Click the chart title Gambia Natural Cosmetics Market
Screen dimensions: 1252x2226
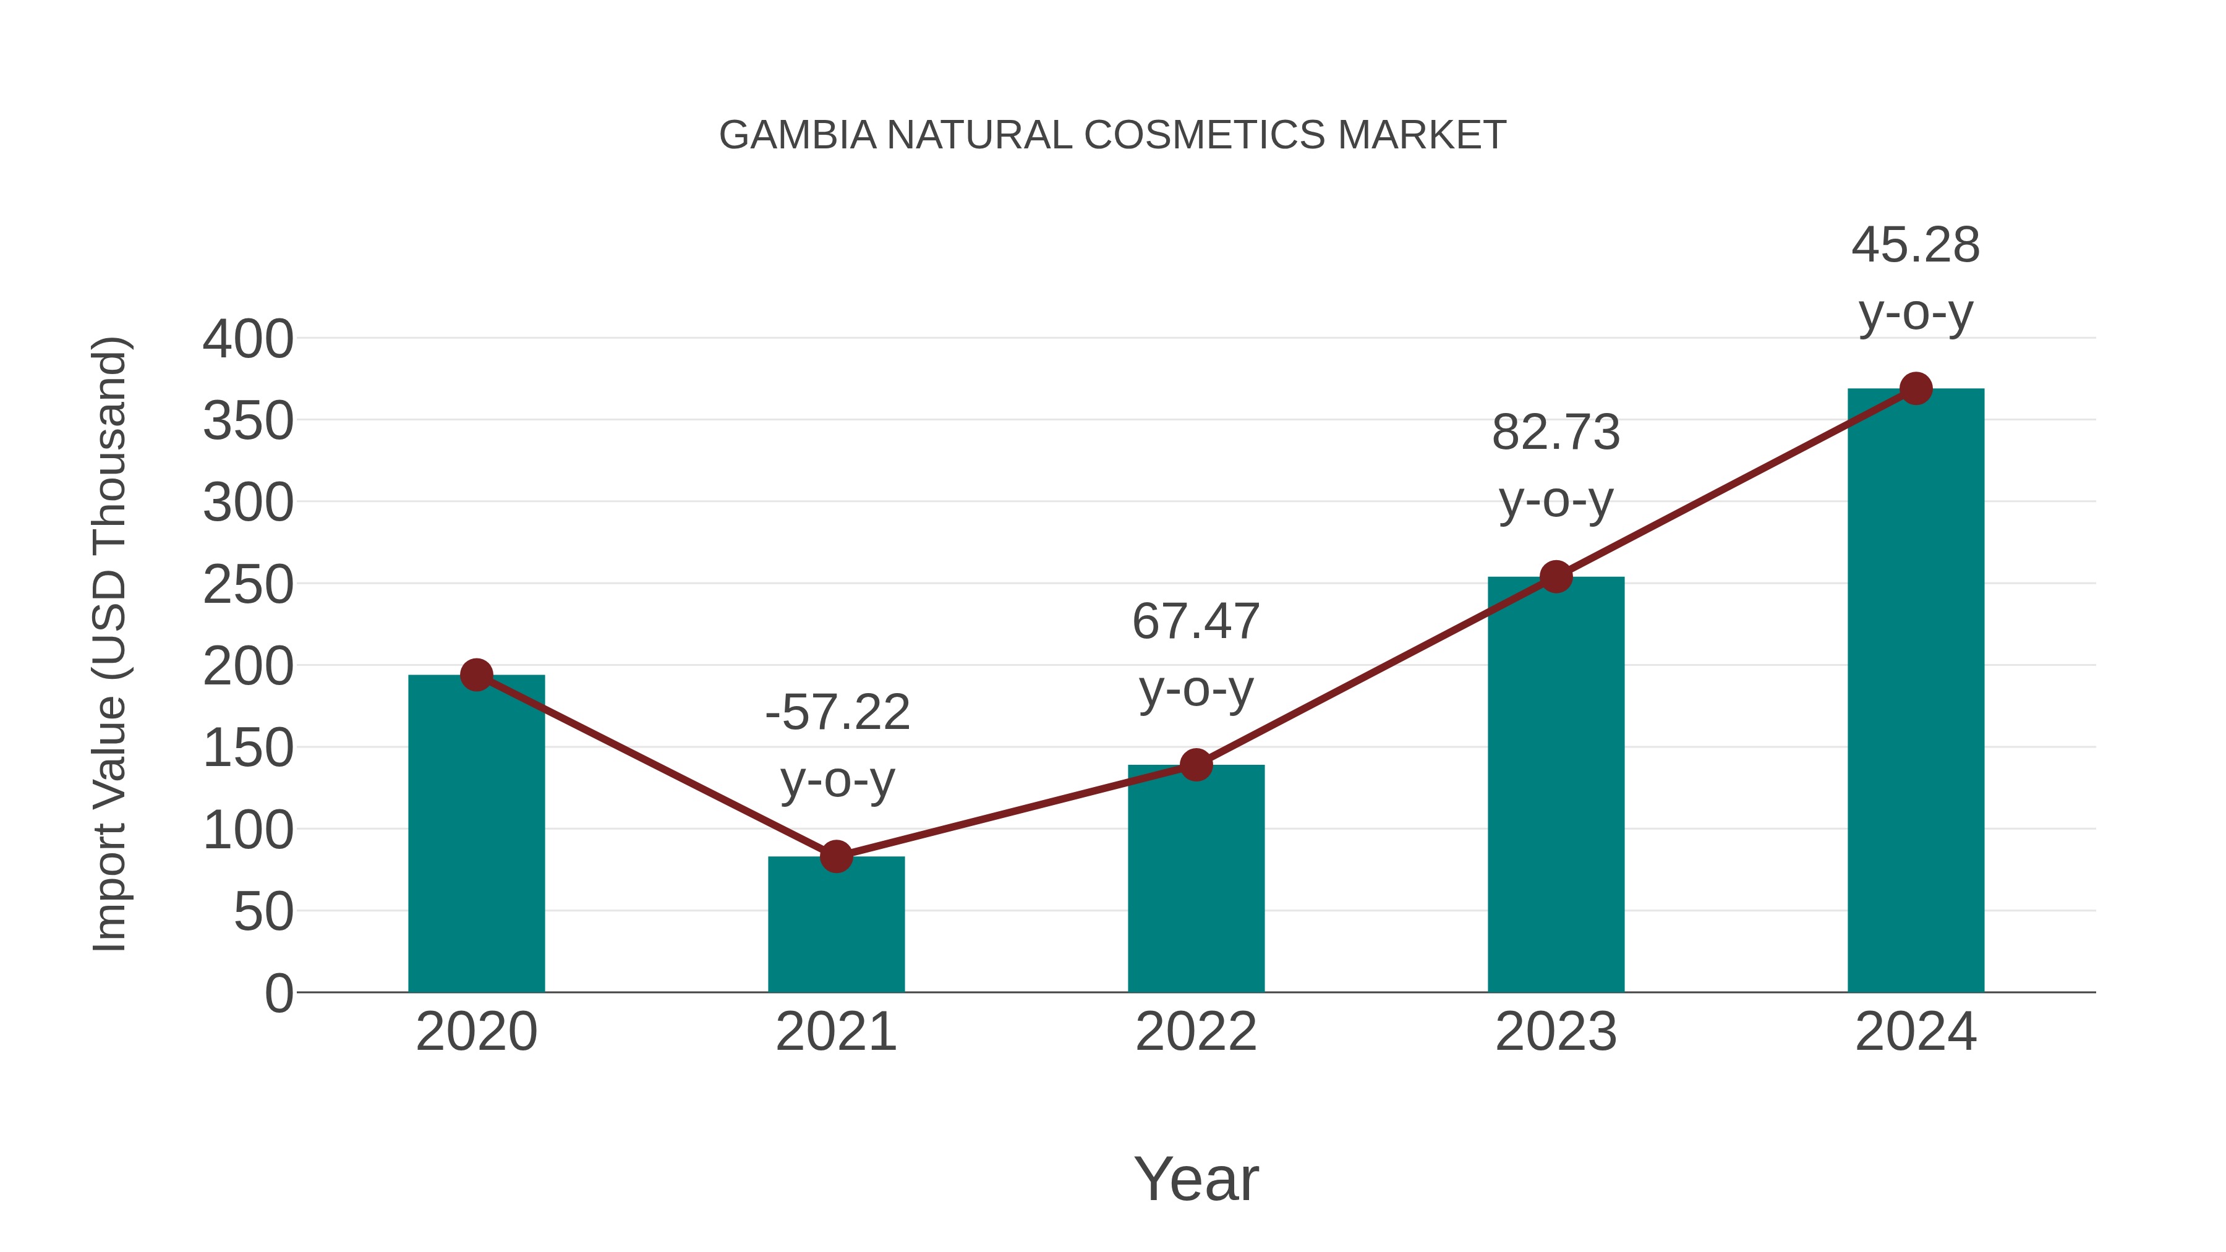tap(1112, 135)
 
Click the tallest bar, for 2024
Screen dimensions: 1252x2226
tap(1916, 691)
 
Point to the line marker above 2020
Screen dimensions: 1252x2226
tap(476, 675)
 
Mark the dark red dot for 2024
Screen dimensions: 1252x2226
tap(1916, 389)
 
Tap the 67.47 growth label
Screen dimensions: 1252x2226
tap(1196, 654)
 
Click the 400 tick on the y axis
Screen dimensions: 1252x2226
tap(248, 339)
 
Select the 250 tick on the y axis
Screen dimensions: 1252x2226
tap(248, 585)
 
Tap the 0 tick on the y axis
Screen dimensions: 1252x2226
tap(278, 994)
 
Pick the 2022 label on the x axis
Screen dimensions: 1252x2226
tap(1196, 1032)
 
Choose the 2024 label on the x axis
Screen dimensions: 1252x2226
tap(1916, 1032)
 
